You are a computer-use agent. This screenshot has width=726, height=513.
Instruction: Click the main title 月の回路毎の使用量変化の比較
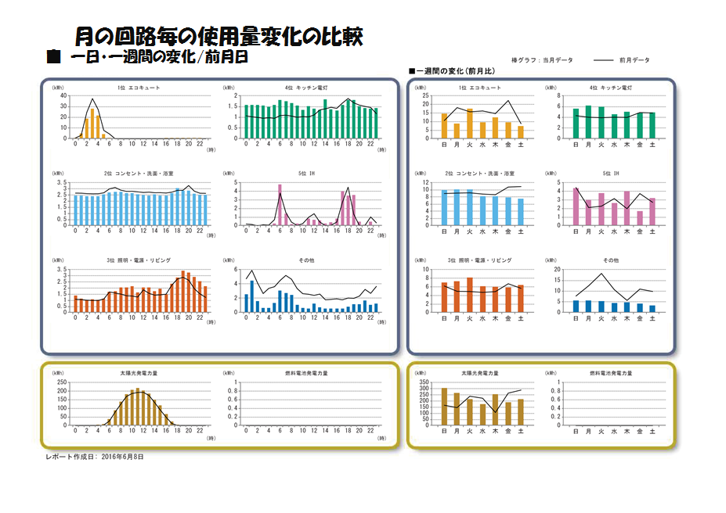(x=219, y=36)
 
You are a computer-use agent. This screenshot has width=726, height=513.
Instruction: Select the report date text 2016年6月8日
(x=123, y=456)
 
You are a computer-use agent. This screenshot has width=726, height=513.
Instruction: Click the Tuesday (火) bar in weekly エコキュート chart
(x=469, y=124)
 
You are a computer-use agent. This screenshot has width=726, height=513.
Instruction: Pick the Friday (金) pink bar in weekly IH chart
(x=639, y=218)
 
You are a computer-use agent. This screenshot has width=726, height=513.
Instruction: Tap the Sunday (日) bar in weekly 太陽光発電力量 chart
(x=444, y=407)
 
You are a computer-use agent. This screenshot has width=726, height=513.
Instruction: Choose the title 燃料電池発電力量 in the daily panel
(x=306, y=373)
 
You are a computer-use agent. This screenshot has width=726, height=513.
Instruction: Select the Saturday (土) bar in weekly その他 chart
(x=652, y=308)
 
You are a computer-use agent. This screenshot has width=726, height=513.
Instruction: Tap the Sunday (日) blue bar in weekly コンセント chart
(x=444, y=207)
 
